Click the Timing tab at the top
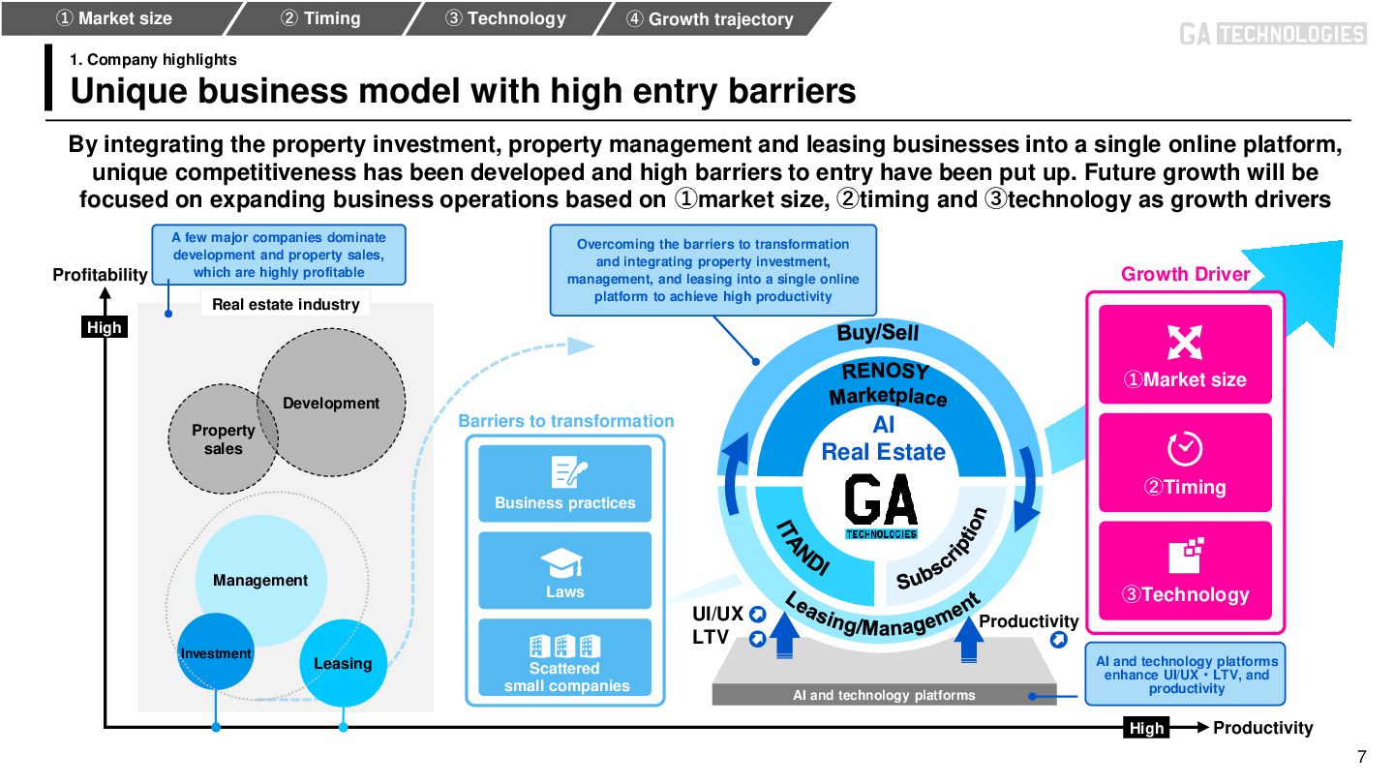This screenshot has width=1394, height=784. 319,18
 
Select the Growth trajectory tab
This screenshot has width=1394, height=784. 710,18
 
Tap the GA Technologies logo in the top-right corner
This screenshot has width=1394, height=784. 1272,34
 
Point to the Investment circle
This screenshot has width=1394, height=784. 215,653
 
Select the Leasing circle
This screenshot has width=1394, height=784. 343,663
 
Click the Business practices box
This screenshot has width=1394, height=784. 565,483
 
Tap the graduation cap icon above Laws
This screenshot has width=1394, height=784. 562,563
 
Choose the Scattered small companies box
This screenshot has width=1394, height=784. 565,658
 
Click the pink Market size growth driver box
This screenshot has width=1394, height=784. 1185,354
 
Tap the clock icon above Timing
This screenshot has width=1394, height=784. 1185,448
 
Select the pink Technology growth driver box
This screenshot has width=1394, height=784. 1185,569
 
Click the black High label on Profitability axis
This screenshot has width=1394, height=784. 105,327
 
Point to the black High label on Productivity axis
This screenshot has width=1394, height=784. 1146,728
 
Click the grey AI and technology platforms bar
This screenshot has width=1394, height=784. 884,695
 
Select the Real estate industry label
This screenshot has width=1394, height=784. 286,304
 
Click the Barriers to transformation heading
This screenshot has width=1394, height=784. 565,421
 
